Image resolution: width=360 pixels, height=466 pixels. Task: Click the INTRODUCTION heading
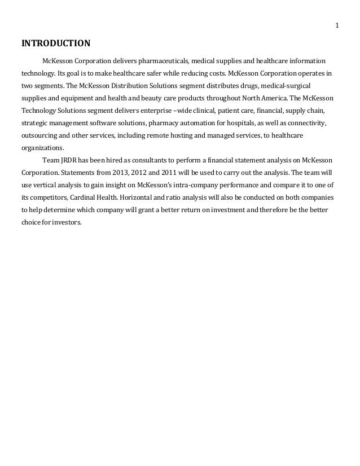click(x=55, y=43)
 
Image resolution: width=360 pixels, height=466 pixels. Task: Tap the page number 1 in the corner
click(x=336, y=25)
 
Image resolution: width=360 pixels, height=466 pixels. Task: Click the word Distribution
click(x=124, y=86)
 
